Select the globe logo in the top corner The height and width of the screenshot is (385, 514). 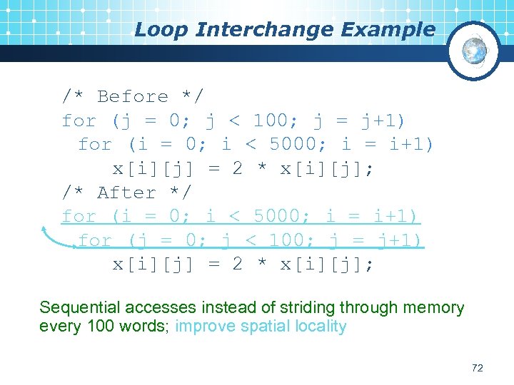point(473,51)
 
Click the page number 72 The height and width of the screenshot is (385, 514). point(478,368)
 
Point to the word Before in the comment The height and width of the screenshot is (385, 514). point(132,96)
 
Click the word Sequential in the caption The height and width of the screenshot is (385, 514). point(80,308)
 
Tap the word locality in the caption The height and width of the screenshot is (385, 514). point(320,327)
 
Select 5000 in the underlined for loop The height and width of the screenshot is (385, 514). point(272,216)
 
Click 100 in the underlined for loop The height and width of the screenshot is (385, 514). point(287,240)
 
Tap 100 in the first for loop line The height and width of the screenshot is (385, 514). point(271,120)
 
